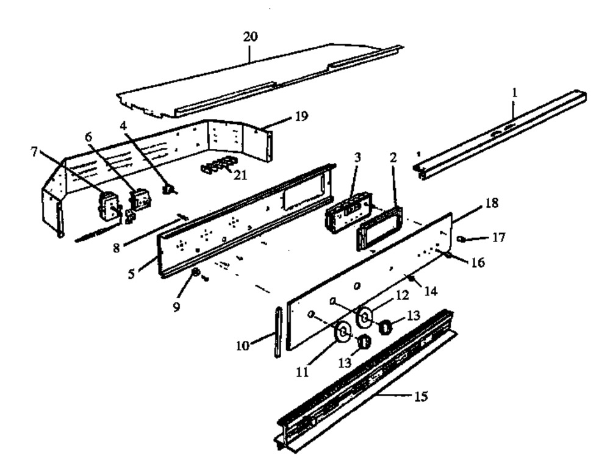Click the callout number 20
250,37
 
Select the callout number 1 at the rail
515,93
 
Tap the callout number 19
301,115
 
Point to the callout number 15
421,397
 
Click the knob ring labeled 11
342,332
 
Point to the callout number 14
431,291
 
